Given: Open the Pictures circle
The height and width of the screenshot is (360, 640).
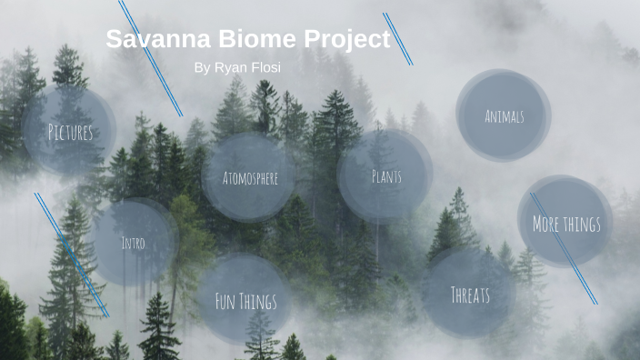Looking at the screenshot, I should coord(70,132).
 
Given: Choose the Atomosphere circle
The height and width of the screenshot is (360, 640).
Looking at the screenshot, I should coord(250,177).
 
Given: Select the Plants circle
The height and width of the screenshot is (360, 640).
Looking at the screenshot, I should coord(385,175).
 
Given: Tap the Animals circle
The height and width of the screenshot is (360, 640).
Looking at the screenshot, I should coord(504,115).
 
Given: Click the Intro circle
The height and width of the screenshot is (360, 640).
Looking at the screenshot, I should coord(133,243).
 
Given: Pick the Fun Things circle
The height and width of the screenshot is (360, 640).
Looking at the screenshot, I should coord(245,300).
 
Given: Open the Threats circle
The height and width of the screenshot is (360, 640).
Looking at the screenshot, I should coord(470,294).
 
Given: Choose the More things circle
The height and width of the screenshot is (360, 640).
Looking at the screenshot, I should coord(565,223).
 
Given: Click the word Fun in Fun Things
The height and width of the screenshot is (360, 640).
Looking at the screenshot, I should coord(225,300).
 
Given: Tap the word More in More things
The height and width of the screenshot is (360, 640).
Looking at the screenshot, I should coord(545,223).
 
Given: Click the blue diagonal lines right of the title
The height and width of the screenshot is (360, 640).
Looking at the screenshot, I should coord(398,39).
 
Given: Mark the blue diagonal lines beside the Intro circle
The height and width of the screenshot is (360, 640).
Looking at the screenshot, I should coord(72,255).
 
